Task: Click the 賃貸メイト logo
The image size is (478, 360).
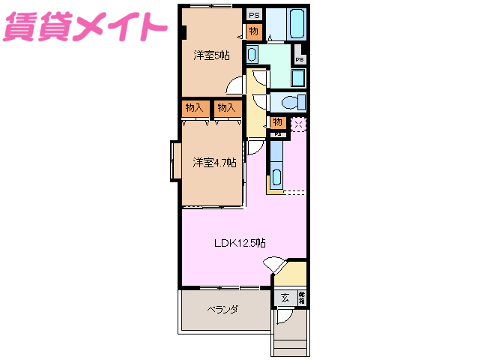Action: tap(85, 28)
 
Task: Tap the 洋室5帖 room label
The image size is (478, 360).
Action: tap(211, 55)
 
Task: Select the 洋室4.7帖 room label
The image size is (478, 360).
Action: tap(214, 162)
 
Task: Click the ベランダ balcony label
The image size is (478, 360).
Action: tap(223, 309)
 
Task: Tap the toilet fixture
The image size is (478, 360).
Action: tap(288, 101)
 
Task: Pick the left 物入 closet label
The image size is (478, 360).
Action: tap(193, 108)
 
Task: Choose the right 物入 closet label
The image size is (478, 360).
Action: tap(226, 108)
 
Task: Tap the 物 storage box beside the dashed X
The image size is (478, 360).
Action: tap(277, 122)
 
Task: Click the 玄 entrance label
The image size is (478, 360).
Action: tap(285, 297)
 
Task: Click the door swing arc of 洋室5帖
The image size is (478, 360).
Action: tap(235, 85)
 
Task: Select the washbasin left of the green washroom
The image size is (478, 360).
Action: tap(252, 54)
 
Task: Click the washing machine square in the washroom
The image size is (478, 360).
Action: tap(297, 78)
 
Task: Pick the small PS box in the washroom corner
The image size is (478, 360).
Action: tap(299, 59)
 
